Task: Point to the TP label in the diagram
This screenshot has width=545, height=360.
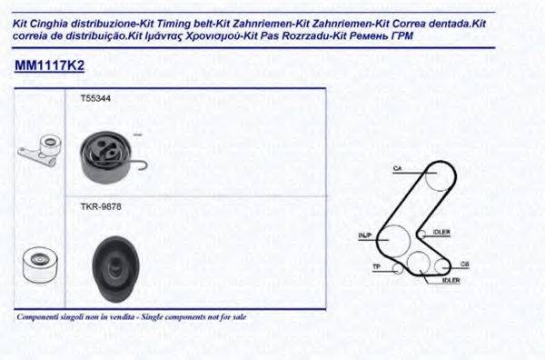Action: pyautogui.click(x=377, y=266)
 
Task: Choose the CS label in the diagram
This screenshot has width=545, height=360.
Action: pyautogui.click(x=464, y=265)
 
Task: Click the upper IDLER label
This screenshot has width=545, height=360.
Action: pyautogui.click(x=442, y=232)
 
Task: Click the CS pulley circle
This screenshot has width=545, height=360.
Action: pyautogui.click(x=441, y=265)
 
